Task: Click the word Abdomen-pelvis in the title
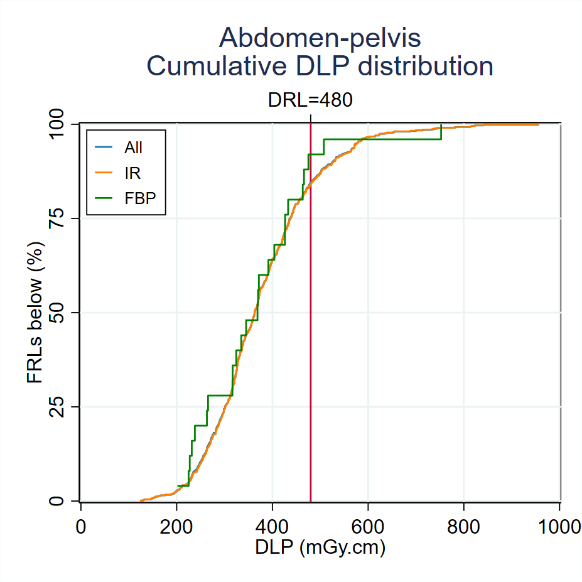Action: point(320,38)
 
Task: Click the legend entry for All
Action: point(133,148)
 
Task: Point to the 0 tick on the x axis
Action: point(81,526)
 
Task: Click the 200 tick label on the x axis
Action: point(176,526)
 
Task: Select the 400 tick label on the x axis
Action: point(272,526)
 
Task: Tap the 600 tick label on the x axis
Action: point(368,526)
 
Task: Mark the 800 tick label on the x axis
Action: point(464,526)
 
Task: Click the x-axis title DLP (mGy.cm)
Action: point(320,547)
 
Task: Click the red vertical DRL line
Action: point(311,377)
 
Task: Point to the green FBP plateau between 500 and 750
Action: point(383,139)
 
